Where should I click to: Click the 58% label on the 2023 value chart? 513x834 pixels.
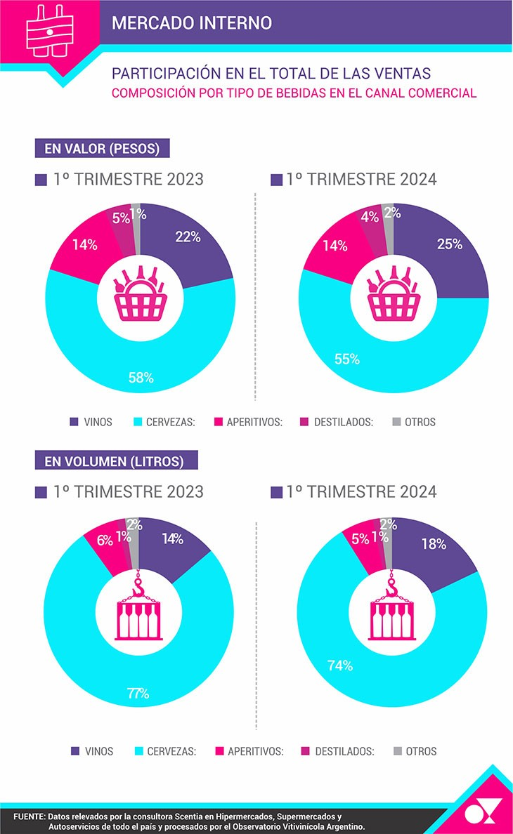[141, 378]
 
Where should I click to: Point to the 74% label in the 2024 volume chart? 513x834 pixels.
[339, 666]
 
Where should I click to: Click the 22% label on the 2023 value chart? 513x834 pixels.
[188, 237]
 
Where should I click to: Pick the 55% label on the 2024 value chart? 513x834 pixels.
[346, 359]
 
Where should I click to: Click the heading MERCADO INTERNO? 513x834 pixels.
[191, 22]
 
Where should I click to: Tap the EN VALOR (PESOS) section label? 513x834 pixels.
[102, 149]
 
